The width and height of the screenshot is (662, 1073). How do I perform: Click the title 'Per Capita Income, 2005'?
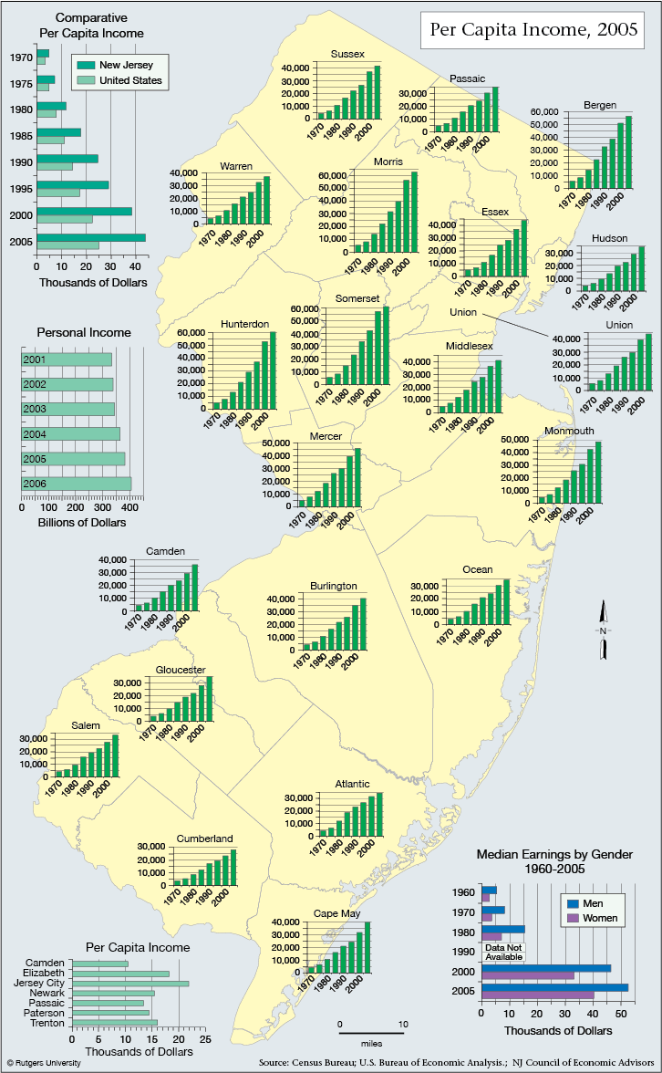(533, 29)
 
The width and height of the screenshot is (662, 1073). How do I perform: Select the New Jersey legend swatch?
(86, 65)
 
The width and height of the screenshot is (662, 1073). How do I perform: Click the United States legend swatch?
(86, 80)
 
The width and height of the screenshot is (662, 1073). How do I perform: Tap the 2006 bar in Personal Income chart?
(77, 484)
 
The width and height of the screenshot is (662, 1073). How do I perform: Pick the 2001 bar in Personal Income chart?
(67, 359)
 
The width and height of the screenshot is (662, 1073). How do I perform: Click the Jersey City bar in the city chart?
(129, 983)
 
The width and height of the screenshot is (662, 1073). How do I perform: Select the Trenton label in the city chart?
(47, 1023)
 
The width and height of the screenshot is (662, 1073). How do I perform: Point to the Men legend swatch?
(573, 903)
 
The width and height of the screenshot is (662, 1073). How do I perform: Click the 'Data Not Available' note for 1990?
(504, 952)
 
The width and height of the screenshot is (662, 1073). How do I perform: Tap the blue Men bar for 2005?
(554, 987)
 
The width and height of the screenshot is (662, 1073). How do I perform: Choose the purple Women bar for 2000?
(528, 975)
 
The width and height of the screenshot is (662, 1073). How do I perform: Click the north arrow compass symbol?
(604, 630)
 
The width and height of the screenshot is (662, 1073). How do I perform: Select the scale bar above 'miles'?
(371, 1033)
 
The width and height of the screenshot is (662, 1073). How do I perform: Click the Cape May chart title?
(336, 913)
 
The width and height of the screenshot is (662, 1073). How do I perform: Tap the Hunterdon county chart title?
(244, 324)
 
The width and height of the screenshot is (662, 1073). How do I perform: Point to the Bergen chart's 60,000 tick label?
(544, 111)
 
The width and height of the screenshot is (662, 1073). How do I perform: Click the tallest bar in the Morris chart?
(414, 212)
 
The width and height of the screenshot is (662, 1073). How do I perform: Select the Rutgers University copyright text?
(44, 1063)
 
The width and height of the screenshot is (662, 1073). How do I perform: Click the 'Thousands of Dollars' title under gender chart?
(558, 1031)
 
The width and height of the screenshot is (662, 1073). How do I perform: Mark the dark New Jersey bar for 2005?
(91, 237)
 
